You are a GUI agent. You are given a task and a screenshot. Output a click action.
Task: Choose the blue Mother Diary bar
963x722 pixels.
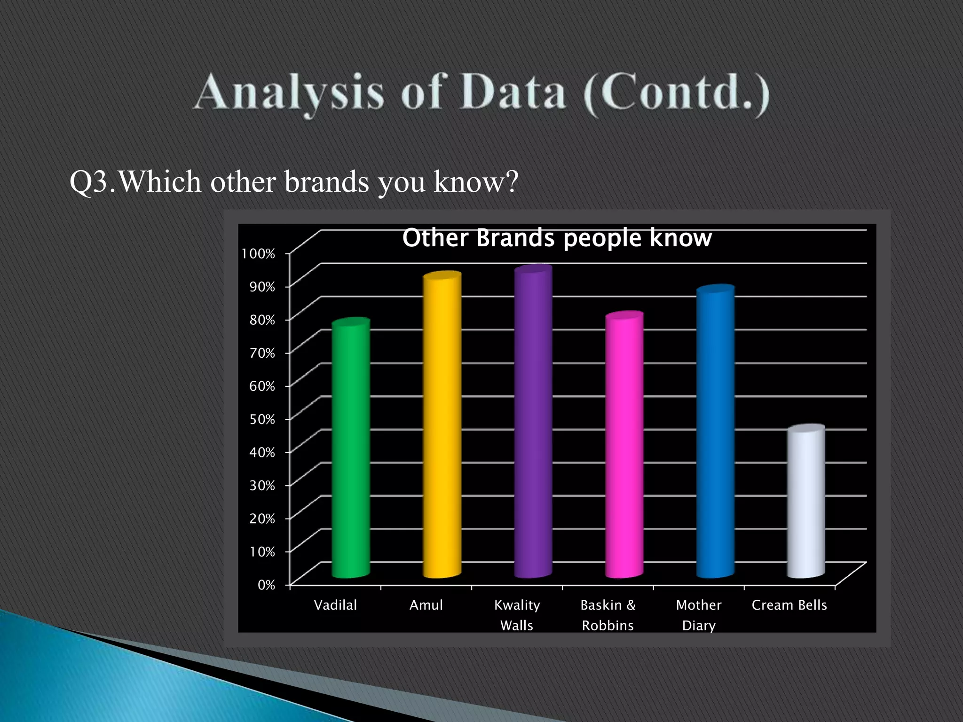[x=715, y=432]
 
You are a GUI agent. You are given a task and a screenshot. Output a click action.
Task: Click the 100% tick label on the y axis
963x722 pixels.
[x=258, y=254]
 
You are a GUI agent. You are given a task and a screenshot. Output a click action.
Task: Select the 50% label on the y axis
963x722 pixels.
[x=262, y=419]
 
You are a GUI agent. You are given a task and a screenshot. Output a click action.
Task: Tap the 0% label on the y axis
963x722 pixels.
[x=266, y=585]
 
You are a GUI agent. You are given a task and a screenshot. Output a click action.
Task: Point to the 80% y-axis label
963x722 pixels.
[x=262, y=320]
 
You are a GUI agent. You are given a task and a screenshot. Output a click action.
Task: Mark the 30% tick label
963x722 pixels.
[x=262, y=486]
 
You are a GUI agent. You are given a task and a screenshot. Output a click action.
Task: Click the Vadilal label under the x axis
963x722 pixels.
[x=335, y=605]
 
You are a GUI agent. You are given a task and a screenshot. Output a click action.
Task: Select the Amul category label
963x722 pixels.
[x=426, y=605]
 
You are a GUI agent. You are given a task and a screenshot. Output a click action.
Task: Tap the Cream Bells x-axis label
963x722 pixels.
[x=789, y=605]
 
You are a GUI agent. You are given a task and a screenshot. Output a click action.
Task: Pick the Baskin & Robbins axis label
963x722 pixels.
[x=608, y=615]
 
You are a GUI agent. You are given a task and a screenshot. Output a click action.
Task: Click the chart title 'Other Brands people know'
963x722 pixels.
[x=557, y=238]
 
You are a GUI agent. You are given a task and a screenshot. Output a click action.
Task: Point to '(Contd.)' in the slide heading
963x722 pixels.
[x=676, y=93]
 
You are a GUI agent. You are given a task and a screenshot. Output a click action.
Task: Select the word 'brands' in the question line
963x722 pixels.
[x=326, y=181]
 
